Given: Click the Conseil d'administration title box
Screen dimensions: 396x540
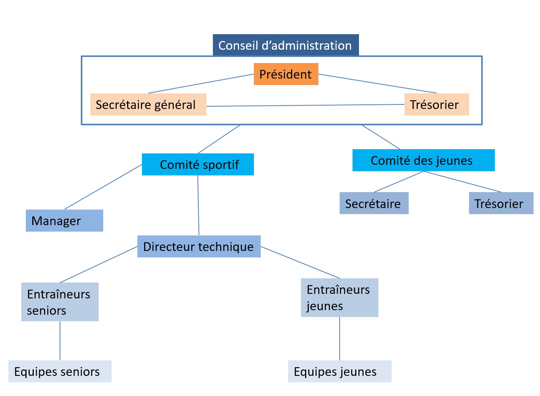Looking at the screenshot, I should coord(285,45).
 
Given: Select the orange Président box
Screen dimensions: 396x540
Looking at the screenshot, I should coord(286,74).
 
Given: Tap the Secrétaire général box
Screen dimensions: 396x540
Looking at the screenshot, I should coord(148,104).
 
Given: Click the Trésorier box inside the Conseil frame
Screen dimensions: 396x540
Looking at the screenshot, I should coord(436,104).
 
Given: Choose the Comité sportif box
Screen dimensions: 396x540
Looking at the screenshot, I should coord(198,164).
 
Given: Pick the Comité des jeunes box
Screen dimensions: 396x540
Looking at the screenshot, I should coord(423,160).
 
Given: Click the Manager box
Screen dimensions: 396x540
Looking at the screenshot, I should coord(64,221).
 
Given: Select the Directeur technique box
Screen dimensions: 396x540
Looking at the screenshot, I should coord(198,246).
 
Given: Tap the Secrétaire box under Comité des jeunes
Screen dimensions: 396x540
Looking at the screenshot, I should coord(374,203).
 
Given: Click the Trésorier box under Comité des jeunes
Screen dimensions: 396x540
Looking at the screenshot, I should coord(501,203).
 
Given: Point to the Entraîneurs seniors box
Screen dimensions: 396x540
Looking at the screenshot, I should coord(60,302).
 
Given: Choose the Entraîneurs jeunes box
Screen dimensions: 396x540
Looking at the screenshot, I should coord(339,298).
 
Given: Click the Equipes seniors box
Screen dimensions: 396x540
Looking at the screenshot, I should coord(60,371).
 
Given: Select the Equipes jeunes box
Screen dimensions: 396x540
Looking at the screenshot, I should coord(339,371).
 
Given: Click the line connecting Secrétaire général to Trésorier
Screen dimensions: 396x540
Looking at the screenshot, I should coord(305,105).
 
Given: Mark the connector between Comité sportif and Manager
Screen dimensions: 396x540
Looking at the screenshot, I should coord(103,187).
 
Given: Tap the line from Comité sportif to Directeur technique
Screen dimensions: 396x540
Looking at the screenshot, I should coord(198,205).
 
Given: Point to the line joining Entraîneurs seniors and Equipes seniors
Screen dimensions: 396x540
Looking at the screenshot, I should coord(60,341).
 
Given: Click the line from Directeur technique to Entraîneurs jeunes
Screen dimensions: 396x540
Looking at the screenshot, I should coord(300,262).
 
